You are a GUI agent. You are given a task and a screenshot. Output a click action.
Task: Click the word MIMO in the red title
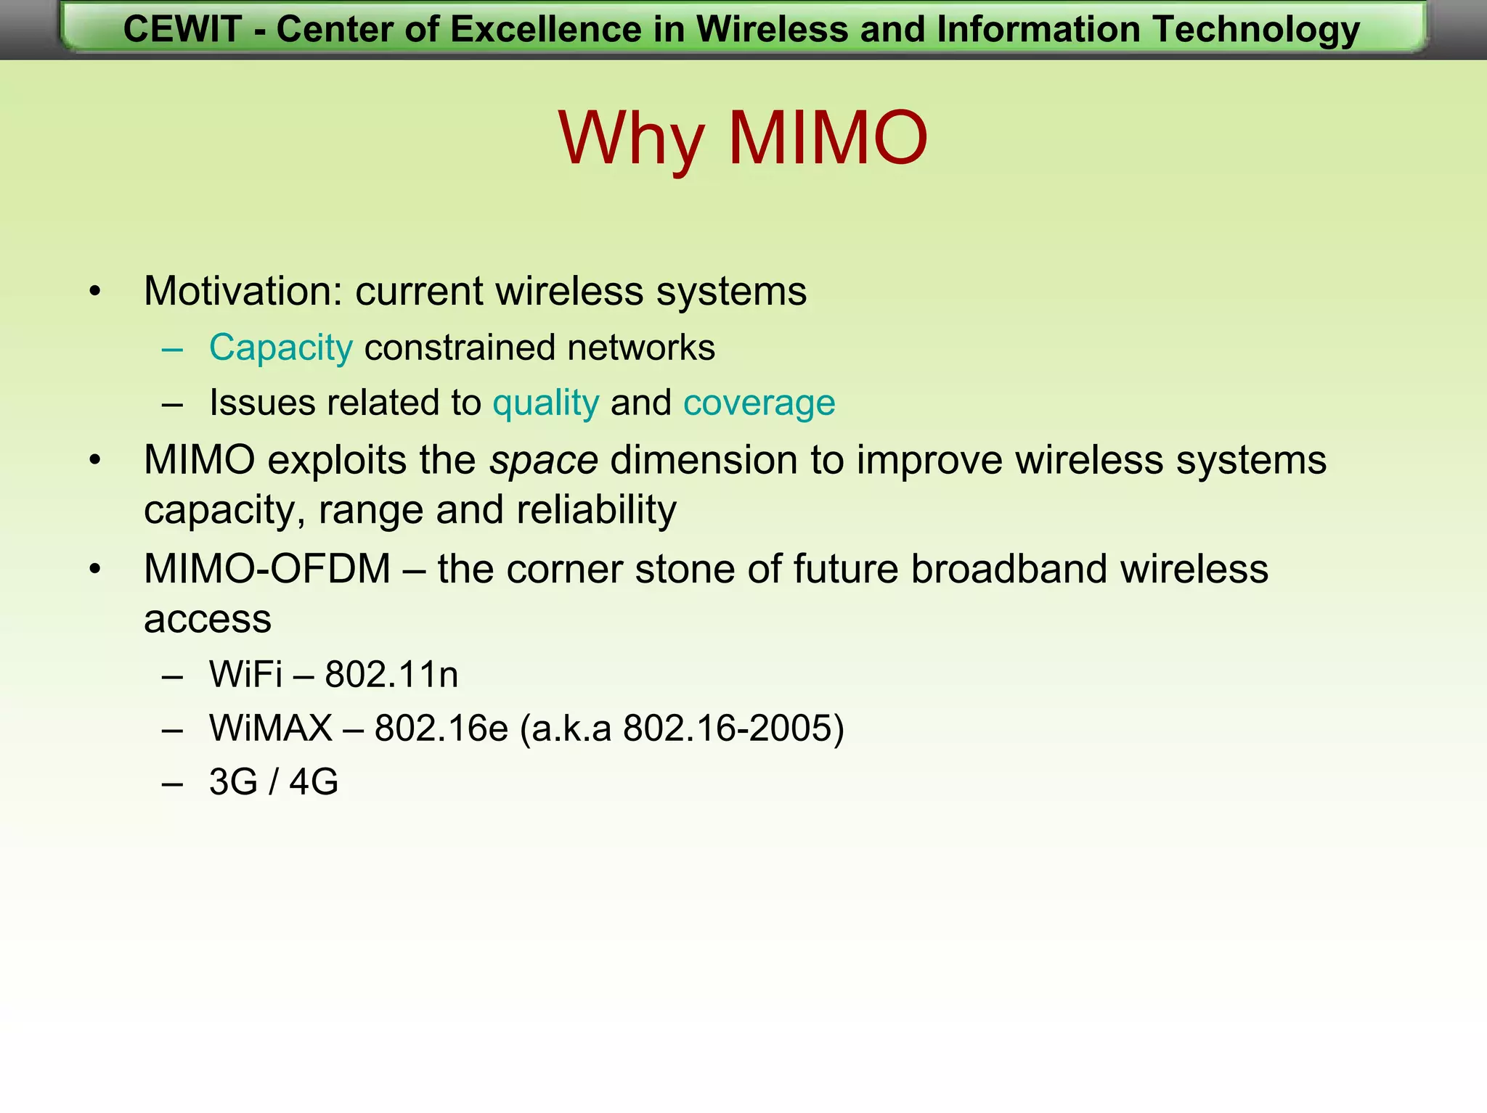[x=828, y=138]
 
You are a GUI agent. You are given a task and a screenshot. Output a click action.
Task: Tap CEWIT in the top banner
[x=182, y=30]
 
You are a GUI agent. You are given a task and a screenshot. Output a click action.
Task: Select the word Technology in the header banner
[x=1255, y=30]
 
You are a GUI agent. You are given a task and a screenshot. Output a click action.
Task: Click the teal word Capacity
[x=281, y=348]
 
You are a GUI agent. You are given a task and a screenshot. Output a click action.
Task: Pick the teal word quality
[x=546, y=403]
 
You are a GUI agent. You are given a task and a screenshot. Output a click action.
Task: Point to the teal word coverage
[x=759, y=403]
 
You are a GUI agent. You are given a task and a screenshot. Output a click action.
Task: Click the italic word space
[x=543, y=461]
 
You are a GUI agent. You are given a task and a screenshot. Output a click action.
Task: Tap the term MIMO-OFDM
[x=267, y=569]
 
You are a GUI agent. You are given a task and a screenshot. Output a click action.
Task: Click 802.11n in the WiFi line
[x=391, y=675]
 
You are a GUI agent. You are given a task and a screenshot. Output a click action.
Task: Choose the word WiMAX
[x=271, y=728]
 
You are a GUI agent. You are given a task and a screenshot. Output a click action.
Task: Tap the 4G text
[x=314, y=782]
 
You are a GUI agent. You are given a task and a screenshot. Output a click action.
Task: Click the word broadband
[x=1009, y=569]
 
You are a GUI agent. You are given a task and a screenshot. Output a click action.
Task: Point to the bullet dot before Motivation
[x=95, y=292]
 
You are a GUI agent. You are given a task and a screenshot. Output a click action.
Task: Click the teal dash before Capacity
[x=173, y=349]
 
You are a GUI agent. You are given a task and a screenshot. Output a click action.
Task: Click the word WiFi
[x=245, y=675]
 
